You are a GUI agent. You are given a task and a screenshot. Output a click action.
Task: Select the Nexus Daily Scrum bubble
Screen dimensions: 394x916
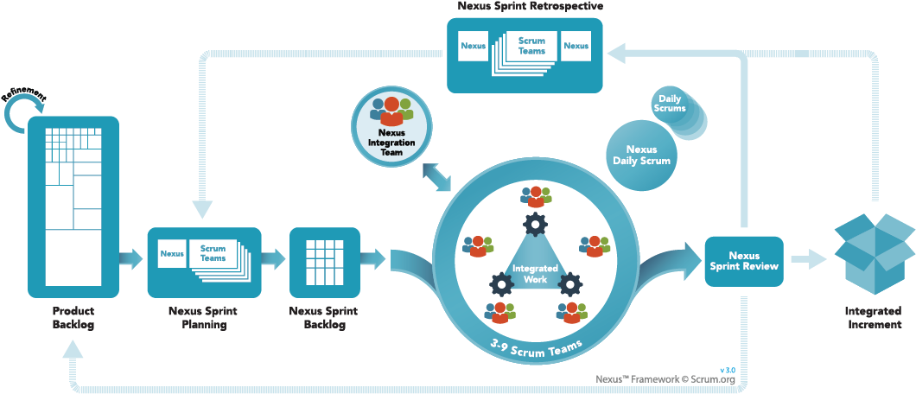point(640,155)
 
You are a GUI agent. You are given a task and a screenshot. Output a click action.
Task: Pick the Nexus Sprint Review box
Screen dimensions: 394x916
point(744,261)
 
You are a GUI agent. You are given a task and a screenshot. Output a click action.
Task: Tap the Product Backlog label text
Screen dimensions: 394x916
point(73,317)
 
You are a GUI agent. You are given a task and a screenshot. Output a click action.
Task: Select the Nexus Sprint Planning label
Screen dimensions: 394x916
point(204,317)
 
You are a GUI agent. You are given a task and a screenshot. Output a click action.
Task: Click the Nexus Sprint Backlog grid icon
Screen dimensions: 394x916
point(325,257)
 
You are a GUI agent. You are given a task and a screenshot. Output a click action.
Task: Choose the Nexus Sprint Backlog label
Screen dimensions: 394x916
point(324,317)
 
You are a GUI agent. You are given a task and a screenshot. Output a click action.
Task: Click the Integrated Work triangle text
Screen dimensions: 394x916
point(535,274)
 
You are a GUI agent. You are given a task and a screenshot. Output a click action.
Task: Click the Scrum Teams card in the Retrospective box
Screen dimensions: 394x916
point(531,45)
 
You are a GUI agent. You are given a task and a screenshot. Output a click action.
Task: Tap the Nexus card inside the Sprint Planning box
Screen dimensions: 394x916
point(172,253)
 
